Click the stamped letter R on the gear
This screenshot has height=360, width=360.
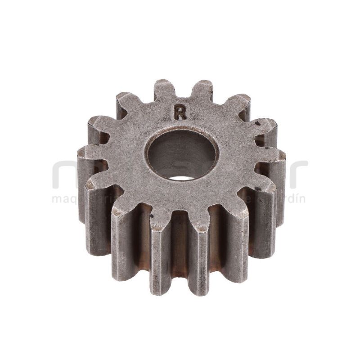tap(180, 112)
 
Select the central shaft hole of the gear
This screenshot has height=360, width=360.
tap(182, 153)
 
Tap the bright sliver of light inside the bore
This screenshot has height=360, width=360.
tap(181, 178)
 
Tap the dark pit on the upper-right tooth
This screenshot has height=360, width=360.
tap(257, 122)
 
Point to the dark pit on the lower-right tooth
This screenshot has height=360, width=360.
tap(256, 189)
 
